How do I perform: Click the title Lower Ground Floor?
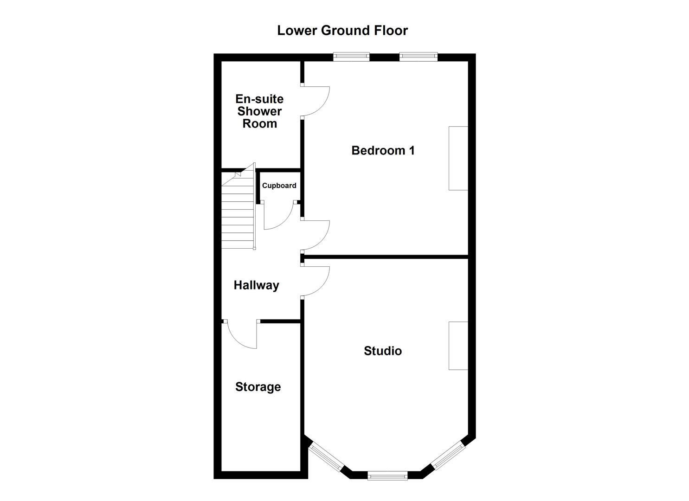coord(342,31)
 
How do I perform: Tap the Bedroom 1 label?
coord(383,150)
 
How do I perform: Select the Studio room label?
coord(383,351)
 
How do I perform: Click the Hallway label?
coord(256,285)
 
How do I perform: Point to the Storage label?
coord(258,387)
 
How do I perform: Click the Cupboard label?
coord(279,186)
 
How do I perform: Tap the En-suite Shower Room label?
coord(259,111)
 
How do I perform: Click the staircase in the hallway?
coord(238,213)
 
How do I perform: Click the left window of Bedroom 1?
coord(352,57)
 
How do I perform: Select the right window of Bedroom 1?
coord(419,57)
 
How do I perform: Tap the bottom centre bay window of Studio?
coord(387,475)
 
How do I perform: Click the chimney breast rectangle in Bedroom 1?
coord(458,158)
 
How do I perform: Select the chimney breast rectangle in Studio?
coord(458,346)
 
